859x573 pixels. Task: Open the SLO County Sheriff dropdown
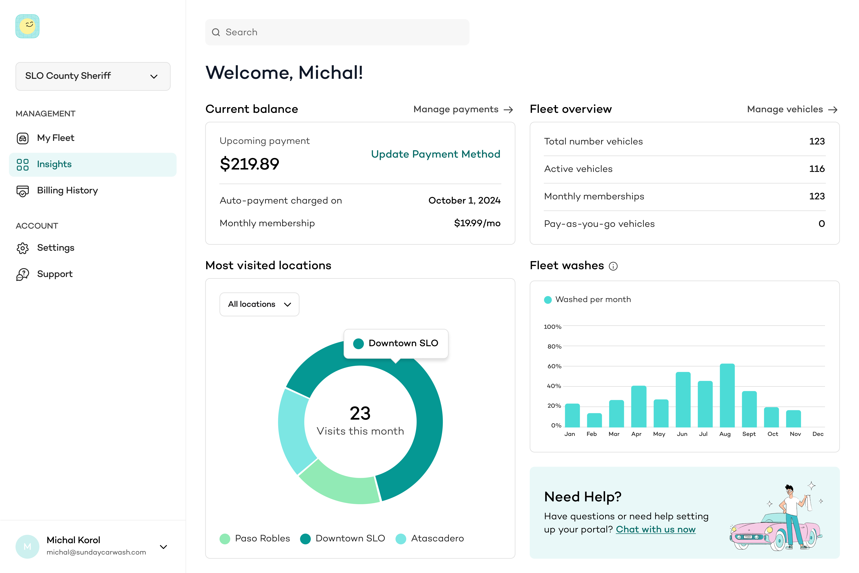point(93,76)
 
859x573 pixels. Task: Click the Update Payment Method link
point(435,154)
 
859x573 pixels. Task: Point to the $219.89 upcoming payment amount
point(249,164)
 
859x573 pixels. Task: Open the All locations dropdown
point(259,304)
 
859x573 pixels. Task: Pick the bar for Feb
point(594,420)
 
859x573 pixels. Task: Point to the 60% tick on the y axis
point(554,366)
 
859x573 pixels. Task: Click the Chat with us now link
point(656,529)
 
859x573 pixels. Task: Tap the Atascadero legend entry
point(430,539)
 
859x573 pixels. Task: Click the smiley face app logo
point(27,26)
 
